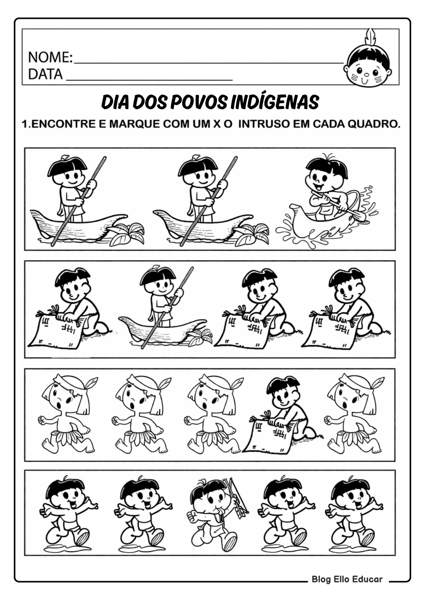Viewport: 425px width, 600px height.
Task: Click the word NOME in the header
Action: pyautogui.click(x=49, y=57)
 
